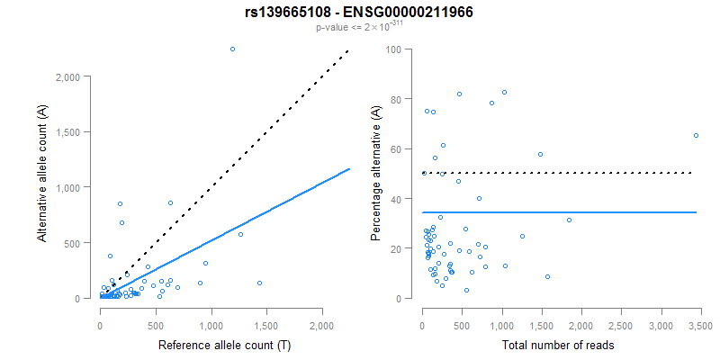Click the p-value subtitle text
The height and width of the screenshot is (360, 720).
(x=359, y=27)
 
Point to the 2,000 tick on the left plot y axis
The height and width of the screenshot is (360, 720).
(x=78, y=77)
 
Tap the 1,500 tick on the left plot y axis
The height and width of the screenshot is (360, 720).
(x=78, y=132)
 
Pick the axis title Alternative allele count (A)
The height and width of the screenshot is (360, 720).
(x=42, y=173)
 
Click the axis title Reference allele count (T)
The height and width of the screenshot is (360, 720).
(x=211, y=345)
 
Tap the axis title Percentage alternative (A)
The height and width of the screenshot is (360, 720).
(x=377, y=173)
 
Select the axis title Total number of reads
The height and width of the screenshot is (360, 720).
(x=560, y=345)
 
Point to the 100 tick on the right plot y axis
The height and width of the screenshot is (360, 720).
(x=394, y=49)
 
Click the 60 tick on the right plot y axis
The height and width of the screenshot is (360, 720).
(x=397, y=148)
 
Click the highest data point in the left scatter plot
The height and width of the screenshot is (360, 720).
(x=232, y=49)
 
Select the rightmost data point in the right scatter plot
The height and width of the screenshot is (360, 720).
(x=696, y=135)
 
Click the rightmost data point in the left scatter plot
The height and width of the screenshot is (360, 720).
(x=259, y=283)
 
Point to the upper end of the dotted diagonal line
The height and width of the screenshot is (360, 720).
(x=348, y=51)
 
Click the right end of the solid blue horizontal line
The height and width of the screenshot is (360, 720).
(x=697, y=212)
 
